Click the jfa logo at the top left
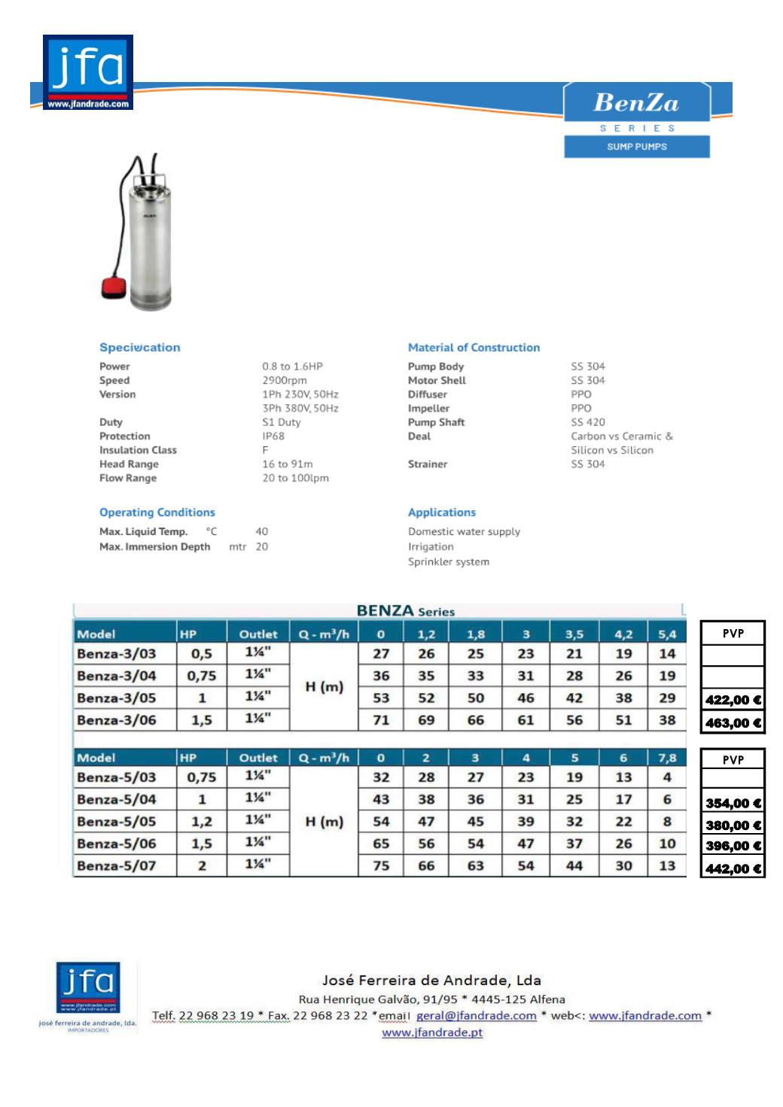(87, 72)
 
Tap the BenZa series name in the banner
(636, 103)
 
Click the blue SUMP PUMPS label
(637, 147)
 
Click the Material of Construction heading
(474, 348)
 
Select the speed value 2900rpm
(285, 381)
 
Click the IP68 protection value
(273, 436)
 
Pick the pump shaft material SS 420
(588, 422)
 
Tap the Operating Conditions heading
(157, 512)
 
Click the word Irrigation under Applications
(431, 547)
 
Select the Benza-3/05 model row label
(117, 698)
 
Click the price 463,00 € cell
(733, 723)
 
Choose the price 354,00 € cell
(733, 803)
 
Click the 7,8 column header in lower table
(667, 758)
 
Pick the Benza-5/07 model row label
(117, 866)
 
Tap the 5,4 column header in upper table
(667, 634)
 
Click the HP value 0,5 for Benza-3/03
(202, 654)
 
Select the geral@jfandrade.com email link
(477, 1016)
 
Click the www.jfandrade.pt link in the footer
(432, 1032)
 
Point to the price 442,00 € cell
(733, 868)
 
